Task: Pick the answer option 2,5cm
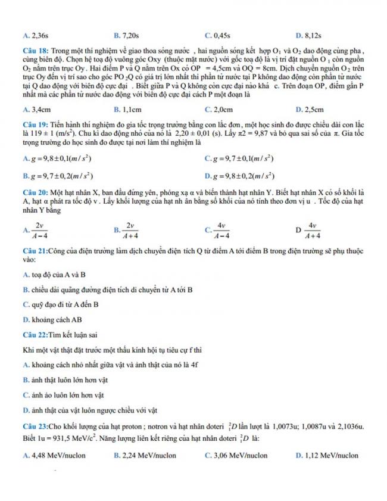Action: coord(313,110)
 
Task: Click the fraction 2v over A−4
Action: coord(40,230)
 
